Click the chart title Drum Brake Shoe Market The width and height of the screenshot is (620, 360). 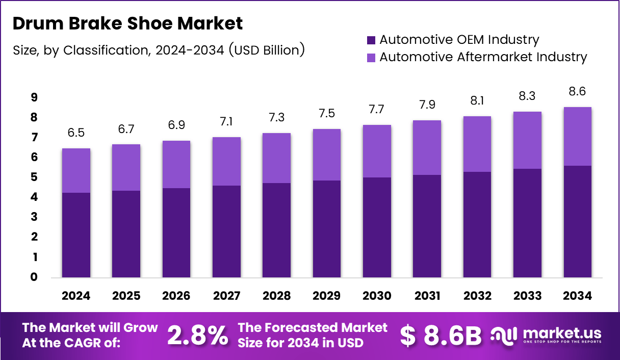(x=127, y=23)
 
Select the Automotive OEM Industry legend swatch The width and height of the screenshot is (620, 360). (x=371, y=40)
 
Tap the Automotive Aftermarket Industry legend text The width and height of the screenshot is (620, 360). (x=483, y=57)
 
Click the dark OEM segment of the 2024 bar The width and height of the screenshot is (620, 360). (x=76, y=235)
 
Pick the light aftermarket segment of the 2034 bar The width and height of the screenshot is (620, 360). (x=578, y=136)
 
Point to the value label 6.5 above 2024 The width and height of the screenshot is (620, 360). (x=76, y=133)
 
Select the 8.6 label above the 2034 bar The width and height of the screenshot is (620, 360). (x=578, y=92)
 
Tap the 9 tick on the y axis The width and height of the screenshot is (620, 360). (x=34, y=97)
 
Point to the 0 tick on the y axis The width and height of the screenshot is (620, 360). (x=34, y=277)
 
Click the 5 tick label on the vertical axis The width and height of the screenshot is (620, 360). (x=34, y=177)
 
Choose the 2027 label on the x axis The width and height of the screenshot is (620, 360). (x=226, y=296)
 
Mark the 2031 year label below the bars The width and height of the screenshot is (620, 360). (x=427, y=296)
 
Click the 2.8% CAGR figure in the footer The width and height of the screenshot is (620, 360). (x=198, y=335)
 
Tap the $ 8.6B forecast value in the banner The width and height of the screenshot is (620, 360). (x=441, y=335)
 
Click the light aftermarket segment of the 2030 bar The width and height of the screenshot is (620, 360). (x=377, y=151)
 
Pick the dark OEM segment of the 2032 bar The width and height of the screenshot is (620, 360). (x=477, y=224)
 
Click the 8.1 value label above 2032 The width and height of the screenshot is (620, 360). (x=477, y=101)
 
